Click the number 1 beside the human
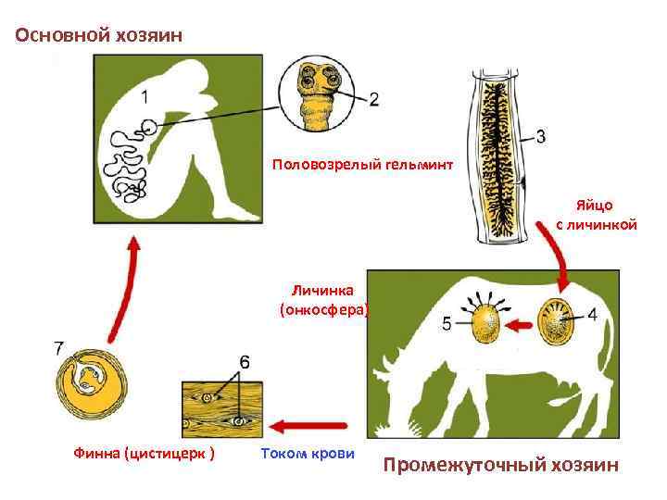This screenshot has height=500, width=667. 147,95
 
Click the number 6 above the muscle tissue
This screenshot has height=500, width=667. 244,361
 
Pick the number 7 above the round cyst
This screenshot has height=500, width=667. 58,348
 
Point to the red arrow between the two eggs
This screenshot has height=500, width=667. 524,324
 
